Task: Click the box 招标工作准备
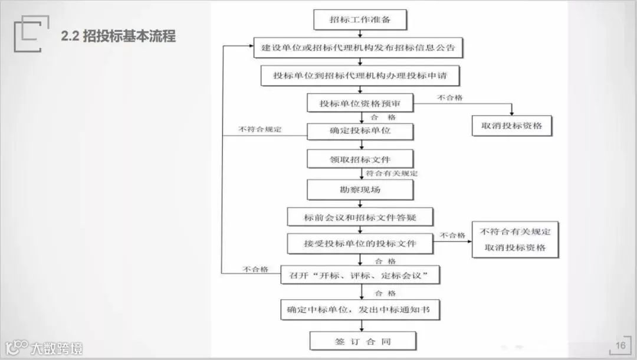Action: click(360, 20)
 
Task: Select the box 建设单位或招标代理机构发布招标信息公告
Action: click(359, 48)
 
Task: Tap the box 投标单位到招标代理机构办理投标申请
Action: click(359, 76)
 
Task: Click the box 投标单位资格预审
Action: click(360, 103)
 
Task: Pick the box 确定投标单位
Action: click(360, 130)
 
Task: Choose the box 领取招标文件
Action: click(360, 159)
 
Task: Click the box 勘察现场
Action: click(360, 189)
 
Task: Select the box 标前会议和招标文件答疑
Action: click(360, 217)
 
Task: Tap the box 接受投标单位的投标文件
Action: click(360, 243)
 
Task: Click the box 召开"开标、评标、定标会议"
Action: click(362, 275)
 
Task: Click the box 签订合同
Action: click(363, 341)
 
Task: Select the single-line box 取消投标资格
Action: click(512, 126)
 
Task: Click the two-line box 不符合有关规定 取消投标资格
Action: click(515, 240)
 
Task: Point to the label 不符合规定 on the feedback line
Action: click(260, 129)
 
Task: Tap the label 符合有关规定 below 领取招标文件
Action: click(392, 174)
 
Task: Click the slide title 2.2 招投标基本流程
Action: click(118, 36)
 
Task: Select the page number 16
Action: click(620, 345)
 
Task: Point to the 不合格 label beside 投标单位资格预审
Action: click(449, 97)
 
